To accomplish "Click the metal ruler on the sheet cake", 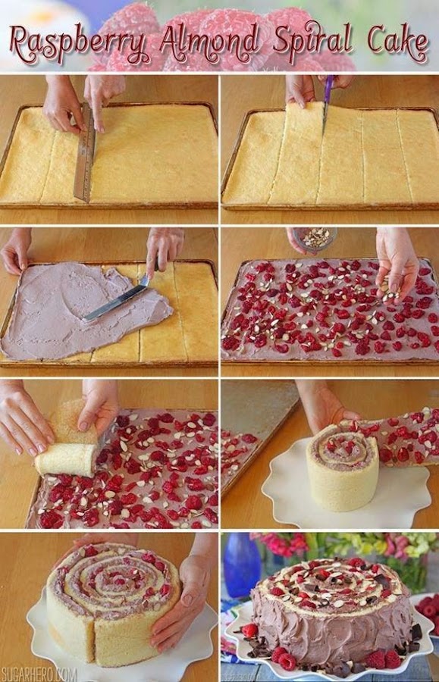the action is tap(85, 152).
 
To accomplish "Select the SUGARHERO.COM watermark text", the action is tap(39, 674).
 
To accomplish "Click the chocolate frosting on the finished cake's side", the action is tap(331, 627).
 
